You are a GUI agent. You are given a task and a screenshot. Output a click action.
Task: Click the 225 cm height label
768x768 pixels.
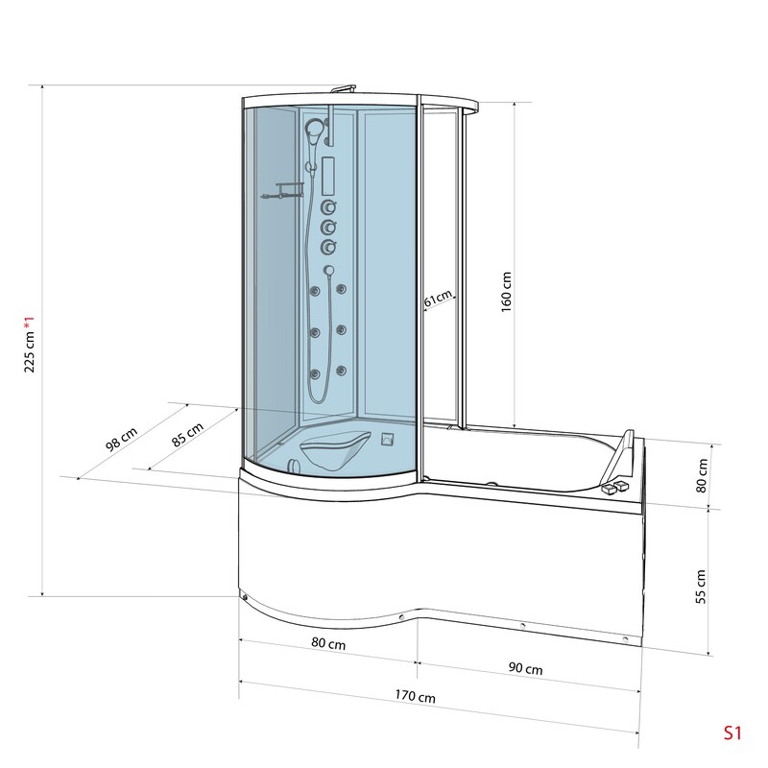(30, 351)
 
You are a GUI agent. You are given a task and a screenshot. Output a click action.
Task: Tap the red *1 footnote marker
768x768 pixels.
(30, 323)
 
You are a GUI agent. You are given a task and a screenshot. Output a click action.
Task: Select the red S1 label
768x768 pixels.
(732, 732)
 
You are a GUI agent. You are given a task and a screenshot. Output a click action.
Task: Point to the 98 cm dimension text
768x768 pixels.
(122, 440)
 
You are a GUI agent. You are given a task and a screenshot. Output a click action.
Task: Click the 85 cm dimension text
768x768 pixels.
(187, 435)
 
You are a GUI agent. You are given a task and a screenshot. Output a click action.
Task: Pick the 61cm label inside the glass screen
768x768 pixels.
(438, 299)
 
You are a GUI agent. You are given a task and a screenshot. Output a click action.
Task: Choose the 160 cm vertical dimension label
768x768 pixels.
(507, 293)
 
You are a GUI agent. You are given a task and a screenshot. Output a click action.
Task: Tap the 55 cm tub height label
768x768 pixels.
(701, 587)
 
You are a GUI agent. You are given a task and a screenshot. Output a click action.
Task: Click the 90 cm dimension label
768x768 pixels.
(525, 668)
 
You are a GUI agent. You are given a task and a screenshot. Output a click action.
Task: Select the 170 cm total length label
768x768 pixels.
(416, 696)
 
